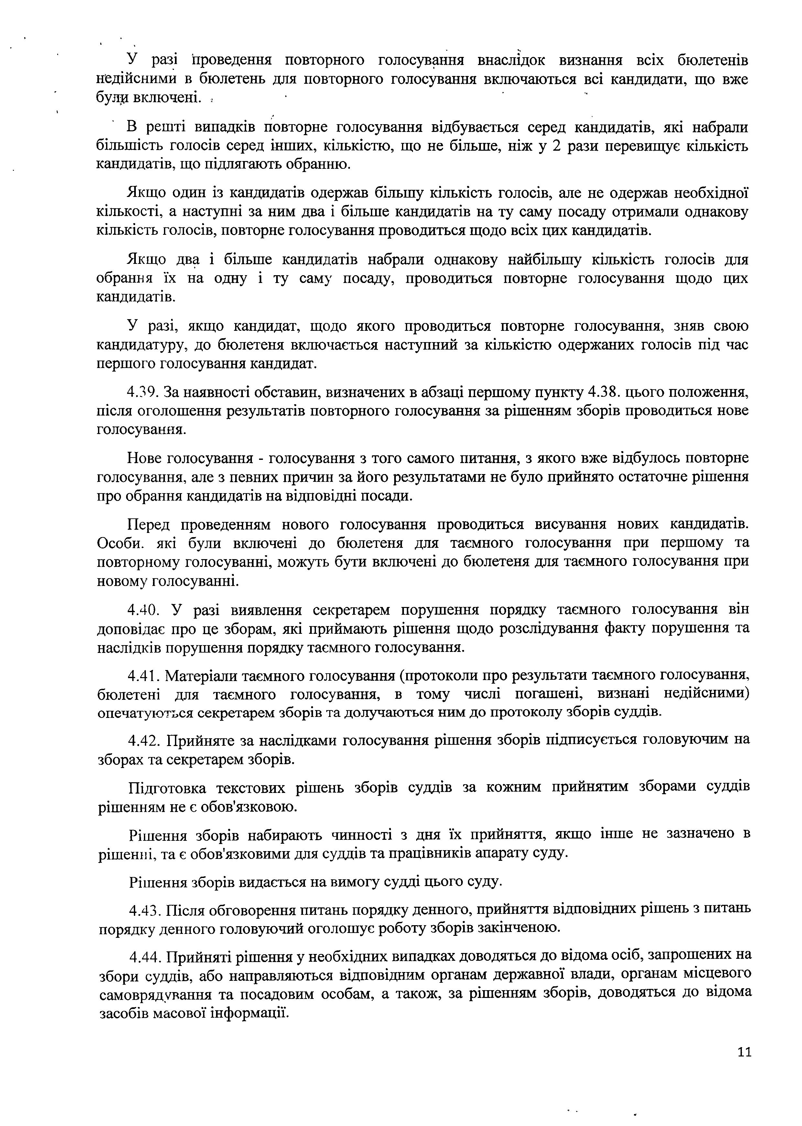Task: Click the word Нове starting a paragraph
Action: pos(144,459)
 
